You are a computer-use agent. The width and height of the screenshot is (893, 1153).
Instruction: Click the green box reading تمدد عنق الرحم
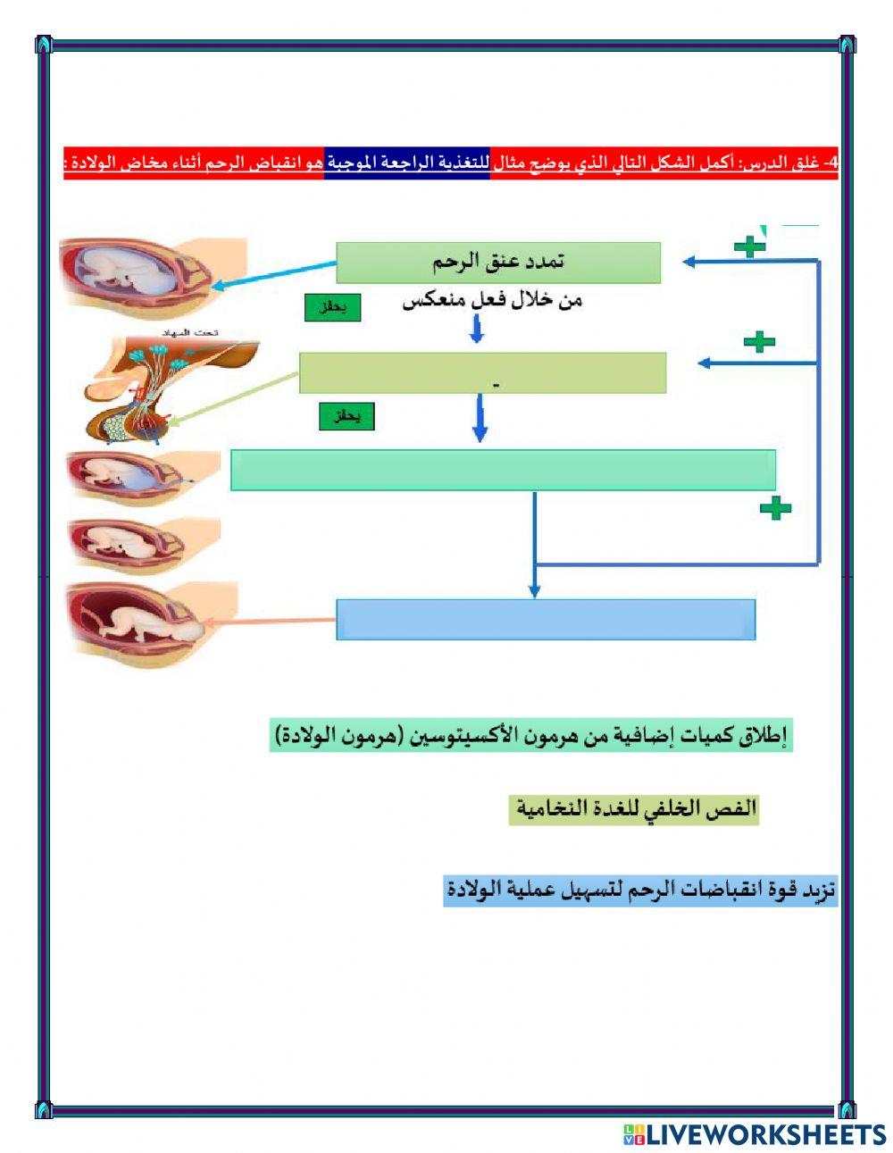[x=498, y=263]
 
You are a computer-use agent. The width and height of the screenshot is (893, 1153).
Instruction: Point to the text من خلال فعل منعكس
[x=492, y=301]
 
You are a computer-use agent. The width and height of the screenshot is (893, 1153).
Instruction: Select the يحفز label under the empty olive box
[x=346, y=417]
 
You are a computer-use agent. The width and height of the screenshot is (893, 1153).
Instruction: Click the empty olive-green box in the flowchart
[x=482, y=372]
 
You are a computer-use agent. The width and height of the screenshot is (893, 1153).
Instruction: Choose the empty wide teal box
[x=503, y=470]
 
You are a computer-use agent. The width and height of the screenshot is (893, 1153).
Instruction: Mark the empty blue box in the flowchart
[x=546, y=619]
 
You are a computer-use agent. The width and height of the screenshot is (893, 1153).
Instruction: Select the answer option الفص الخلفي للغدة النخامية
[x=634, y=809]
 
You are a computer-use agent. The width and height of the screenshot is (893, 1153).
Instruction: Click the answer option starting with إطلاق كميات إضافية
[x=530, y=737]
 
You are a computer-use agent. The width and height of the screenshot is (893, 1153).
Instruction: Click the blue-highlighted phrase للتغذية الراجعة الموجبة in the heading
[x=406, y=163]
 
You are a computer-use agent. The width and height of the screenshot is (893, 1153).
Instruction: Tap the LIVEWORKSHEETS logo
[x=755, y=1134]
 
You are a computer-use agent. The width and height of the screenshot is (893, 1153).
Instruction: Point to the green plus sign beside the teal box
[x=775, y=508]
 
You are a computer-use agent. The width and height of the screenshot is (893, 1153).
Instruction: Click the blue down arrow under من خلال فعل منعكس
[x=477, y=330]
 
